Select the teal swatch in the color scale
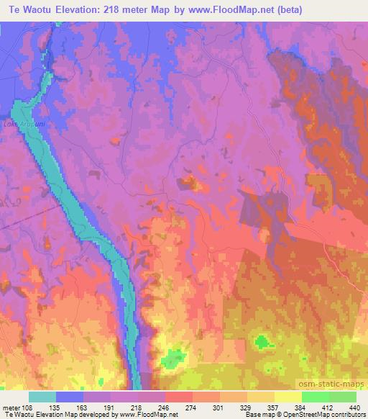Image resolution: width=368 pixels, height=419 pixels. pos(42,397)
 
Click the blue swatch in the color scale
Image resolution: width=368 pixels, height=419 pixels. pos(70,397)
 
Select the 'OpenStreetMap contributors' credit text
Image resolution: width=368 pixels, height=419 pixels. pos(323,414)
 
